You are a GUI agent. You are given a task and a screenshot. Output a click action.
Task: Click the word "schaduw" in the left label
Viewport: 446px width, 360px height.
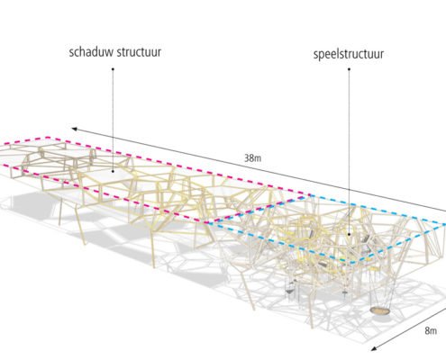[x=92, y=52]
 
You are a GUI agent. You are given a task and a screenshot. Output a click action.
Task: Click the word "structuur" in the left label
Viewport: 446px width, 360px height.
[x=139, y=52]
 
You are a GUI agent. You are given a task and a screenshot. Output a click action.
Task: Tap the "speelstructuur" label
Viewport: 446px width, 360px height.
[x=349, y=54]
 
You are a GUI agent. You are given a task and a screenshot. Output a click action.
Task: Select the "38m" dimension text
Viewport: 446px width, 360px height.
[x=252, y=157]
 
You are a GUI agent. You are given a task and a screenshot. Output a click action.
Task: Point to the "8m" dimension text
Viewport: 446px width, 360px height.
[x=431, y=330]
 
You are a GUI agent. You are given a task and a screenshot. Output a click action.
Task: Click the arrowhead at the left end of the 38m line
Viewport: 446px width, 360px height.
[x=75, y=129]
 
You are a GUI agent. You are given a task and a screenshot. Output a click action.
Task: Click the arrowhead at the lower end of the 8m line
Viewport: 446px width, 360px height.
[x=374, y=348]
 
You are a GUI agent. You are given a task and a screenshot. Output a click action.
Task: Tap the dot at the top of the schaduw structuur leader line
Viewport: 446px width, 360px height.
[x=113, y=69]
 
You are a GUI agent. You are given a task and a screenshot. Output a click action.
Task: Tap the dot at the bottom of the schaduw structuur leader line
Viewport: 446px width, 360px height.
[x=113, y=171]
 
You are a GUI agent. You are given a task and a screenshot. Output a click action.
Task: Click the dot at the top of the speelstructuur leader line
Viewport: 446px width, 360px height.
[x=349, y=69]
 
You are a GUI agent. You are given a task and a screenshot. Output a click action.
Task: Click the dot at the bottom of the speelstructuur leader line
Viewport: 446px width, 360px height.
[x=349, y=234]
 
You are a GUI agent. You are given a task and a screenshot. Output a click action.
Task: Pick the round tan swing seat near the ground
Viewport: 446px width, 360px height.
[x=380, y=311]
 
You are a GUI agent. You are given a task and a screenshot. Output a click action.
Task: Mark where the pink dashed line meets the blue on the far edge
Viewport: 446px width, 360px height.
[x=309, y=195]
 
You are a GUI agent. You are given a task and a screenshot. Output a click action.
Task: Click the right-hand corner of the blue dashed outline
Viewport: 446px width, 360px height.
[x=444, y=224]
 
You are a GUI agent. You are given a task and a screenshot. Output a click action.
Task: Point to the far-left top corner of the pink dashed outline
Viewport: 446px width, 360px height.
[x=47, y=138]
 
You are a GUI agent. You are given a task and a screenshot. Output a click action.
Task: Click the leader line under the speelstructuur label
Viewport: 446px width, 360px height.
[x=349, y=151]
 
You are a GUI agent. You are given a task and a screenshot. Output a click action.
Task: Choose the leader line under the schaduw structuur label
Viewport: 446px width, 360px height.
[x=113, y=120]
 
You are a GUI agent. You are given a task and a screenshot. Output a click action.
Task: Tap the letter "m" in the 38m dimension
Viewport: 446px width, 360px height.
[x=257, y=158]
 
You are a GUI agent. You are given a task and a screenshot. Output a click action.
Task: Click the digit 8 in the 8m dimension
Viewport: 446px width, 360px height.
[x=427, y=330]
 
